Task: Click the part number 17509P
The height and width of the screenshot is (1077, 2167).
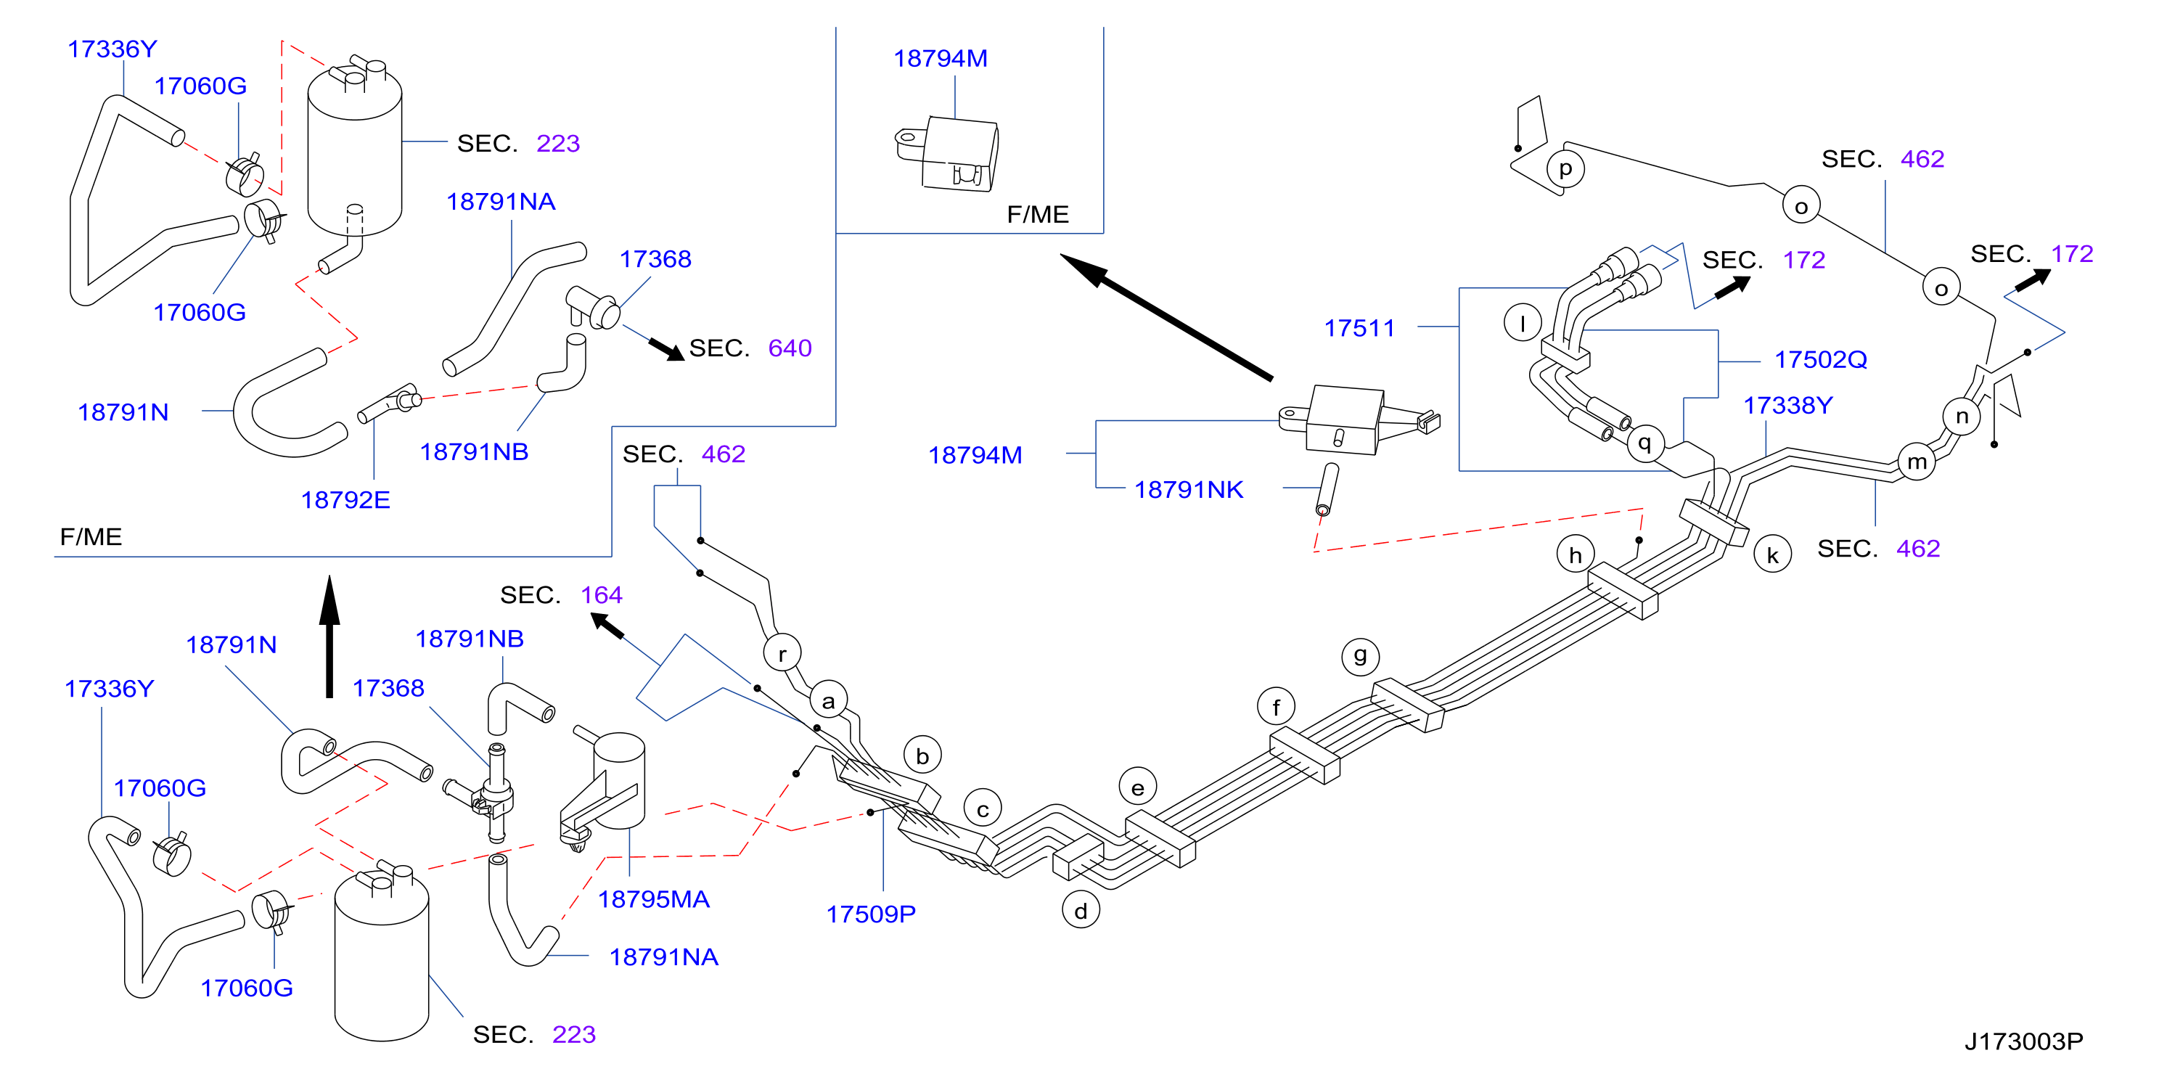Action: click(x=871, y=914)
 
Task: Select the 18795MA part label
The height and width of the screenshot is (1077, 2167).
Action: click(x=654, y=899)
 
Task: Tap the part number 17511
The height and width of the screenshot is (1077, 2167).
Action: click(x=1359, y=328)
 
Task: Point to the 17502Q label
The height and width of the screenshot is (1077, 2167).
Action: click(x=1820, y=360)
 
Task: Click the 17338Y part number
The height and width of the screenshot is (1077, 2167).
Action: click(x=1787, y=406)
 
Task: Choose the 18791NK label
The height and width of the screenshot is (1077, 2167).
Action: click(x=1189, y=490)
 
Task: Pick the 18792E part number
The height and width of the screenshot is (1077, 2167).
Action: click(x=345, y=500)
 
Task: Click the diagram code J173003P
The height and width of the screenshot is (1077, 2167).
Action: click(x=2024, y=1041)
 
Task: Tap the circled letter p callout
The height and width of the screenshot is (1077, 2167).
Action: click(x=1565, y=168)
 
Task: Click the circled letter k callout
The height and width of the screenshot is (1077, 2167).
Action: click(x=1772, y=555)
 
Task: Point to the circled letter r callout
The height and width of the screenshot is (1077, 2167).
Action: click(x=782, y=654)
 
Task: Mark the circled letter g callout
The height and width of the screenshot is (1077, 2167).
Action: click(x=1360, y=655)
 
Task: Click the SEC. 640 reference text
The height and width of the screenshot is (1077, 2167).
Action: click(x=750, y=348)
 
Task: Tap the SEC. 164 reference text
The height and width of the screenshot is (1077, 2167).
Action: click(x=561, y=595)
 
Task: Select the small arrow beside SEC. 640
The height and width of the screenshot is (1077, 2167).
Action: click(x=666, y=349)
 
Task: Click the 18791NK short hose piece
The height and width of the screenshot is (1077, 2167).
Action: click(x=1327, y=489)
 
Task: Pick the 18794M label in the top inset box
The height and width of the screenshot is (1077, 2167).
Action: click(x=941, y=59)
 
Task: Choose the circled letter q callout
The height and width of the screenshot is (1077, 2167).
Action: click(x=1644, y=442)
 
